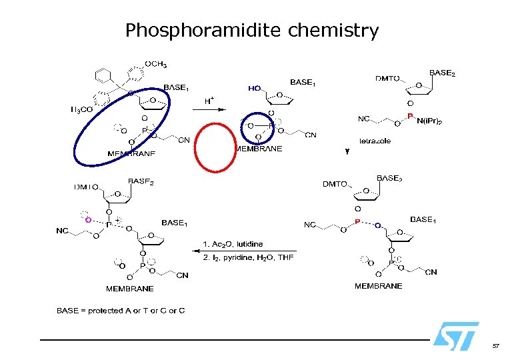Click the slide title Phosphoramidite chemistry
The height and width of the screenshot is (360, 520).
point(252,31)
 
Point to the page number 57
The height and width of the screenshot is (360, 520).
point(495,346)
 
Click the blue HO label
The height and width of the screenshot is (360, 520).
point(254,87)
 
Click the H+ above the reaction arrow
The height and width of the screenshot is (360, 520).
point(209,101)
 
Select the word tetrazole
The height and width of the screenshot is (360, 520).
point(375,141)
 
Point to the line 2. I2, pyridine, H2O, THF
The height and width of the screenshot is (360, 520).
point(247,257)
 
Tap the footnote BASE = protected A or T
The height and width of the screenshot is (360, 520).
point(121,311)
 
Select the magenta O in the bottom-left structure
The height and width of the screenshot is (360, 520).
point(86,215)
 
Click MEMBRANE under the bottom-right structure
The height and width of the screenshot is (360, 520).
point(378,285)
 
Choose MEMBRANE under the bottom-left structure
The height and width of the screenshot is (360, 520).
point(129,289)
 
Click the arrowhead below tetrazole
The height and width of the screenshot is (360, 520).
point(347,152)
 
